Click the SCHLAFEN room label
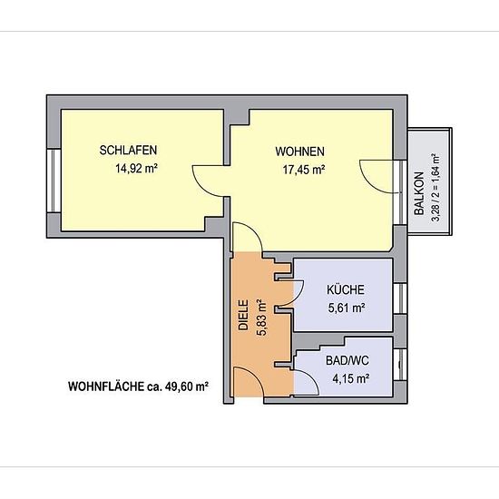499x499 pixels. point(128,151)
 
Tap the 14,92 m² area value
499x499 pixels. point(137,168)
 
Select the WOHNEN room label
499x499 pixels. point(299,152)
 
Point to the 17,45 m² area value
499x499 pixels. point(304,170)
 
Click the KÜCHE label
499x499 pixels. point(346,289)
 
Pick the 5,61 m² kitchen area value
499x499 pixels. point(347,308)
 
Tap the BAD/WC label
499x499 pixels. point(347,360)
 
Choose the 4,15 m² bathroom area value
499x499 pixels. point(351,378)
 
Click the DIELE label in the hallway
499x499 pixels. point(243,315)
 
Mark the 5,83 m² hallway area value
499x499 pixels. point(261,318)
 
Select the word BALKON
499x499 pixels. point(419,193)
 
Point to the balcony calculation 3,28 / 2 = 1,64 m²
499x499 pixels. point(435,188)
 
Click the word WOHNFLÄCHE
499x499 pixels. point(106,386)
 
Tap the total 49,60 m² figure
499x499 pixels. point(187,386)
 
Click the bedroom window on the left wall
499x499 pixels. point(54,181)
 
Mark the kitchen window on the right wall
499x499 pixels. point(400,298)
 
